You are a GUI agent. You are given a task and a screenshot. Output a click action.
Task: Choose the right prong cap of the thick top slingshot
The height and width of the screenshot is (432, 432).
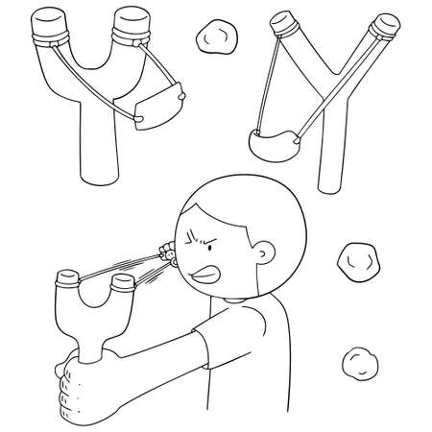click(131, 22)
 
